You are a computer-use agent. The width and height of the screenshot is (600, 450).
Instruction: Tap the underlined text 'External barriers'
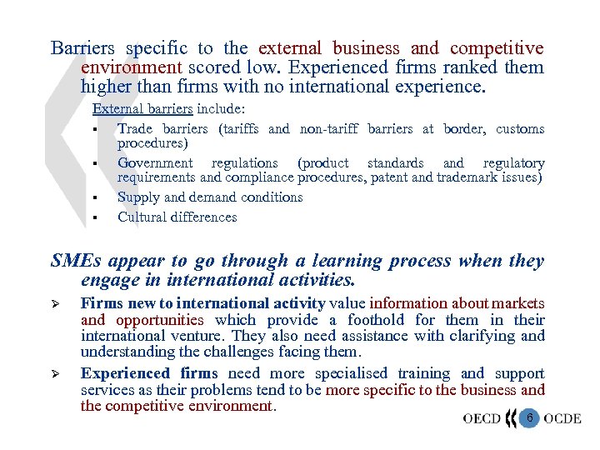142,108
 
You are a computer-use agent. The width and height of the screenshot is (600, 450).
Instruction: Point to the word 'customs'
520,128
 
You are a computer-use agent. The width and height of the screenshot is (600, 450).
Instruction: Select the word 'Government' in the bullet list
155,162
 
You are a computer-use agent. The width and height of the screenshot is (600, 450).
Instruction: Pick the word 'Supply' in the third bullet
137,197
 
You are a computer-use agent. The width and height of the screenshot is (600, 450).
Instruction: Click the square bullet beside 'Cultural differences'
97,218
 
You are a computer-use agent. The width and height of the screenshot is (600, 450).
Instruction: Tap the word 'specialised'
348,373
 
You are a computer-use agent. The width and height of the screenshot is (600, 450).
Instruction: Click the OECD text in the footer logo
482,417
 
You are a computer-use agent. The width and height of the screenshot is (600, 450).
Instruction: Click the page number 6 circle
527,417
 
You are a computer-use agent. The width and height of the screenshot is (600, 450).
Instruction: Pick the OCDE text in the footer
562,417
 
